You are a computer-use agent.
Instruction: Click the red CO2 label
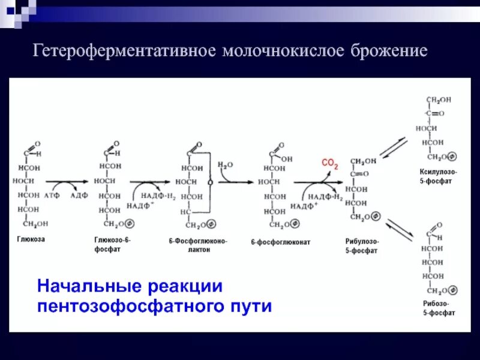[x=330, y=163]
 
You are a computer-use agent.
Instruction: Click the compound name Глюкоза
[x=31, y=239]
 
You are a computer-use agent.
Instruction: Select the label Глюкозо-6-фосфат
[x=112, y=244]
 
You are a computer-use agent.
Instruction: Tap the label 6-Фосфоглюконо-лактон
[x=198, y=245]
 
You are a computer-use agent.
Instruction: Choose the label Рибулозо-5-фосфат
[x=361, y=246]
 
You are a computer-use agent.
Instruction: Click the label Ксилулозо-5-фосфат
[x=438, y=176]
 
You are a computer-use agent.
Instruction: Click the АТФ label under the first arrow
[x=52, y=196]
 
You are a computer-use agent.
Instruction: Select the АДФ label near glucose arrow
[x=79, y=196]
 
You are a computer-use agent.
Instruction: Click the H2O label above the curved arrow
[x=225, y=164]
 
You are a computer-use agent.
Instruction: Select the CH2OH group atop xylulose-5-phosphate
[x=439, y=100]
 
